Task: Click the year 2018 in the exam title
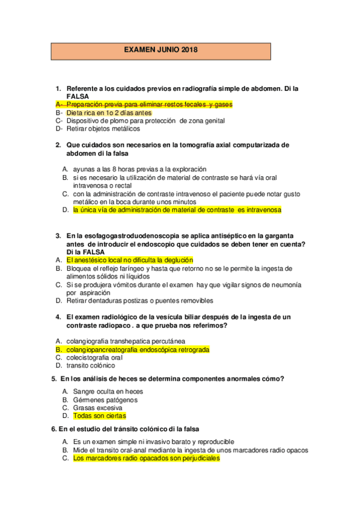(x=189, y=50)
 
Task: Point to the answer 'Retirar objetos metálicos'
(x=103, y=128)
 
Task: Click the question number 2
(x=58, y=145)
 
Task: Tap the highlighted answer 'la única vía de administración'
(x=177, y=210)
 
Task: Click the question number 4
(x=58, y=317)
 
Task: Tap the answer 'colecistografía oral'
(x=98, y=357)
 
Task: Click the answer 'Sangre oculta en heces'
(x=108, y=392)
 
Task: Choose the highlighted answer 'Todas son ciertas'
(x=99, y=416)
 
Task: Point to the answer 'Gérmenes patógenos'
(x=105, y=399)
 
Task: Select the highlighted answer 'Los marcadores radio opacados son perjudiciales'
(x=146, y=458)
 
